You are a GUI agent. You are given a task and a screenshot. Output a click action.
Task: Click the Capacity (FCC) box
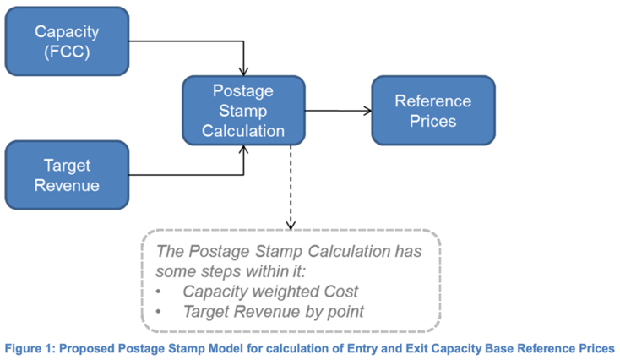click(67, 41)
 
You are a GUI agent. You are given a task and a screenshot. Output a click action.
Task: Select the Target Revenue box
click(67, 175)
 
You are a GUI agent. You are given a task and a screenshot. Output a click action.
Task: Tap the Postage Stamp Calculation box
click(243, 111)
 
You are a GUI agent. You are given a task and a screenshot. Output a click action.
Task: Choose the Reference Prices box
click(433, 111)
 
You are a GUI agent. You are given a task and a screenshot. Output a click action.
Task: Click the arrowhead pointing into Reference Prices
click(367, 111)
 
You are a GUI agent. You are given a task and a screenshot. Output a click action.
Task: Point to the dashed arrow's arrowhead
click(291, 226)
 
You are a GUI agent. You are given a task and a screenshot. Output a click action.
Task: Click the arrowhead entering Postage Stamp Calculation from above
click(243, 72)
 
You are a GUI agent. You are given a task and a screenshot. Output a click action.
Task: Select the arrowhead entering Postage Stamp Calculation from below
click(243, 150)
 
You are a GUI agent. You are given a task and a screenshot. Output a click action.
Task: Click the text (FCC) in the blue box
click(67, 52)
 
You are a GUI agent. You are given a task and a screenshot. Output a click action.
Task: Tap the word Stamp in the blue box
click(243, 112)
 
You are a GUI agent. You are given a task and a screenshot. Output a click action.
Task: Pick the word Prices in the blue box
click(433, 121)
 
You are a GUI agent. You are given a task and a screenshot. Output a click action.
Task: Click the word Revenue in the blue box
click(67, 186)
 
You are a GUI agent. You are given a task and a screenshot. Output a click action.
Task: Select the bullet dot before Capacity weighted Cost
click(159, 292)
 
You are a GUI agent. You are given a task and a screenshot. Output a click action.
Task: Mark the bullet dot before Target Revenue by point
click(159, 312)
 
